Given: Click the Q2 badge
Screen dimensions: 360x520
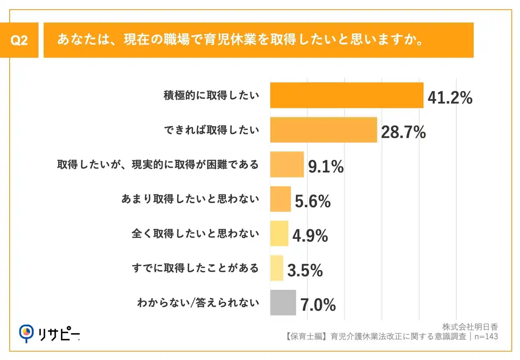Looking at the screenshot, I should click(19, 40).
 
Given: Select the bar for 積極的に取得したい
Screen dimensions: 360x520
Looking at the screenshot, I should click(347, 95).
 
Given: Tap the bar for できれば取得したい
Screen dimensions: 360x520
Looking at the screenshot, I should click(323, 130).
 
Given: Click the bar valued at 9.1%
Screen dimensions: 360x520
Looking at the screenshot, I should click(287, 165).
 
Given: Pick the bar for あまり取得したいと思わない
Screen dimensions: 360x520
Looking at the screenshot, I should click(280, 199).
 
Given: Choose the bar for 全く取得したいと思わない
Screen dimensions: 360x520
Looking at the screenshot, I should click(279, 234).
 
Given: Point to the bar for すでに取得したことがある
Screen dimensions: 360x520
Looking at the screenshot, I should click(277, 268).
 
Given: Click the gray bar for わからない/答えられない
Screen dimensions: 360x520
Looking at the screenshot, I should click(283, 303).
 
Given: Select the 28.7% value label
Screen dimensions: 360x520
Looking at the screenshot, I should click(403, 132).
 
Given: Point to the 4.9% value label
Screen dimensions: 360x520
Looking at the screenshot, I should click(310, 236).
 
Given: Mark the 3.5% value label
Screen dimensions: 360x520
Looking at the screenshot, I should click(305, 271).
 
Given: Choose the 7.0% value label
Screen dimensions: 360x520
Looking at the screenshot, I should click(318, 305).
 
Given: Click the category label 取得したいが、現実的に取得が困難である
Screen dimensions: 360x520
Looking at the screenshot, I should click(158, 165).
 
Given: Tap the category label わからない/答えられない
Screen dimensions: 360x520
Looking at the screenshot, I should click(198, 303).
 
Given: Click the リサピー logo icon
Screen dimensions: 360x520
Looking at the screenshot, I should click(26, 332).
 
